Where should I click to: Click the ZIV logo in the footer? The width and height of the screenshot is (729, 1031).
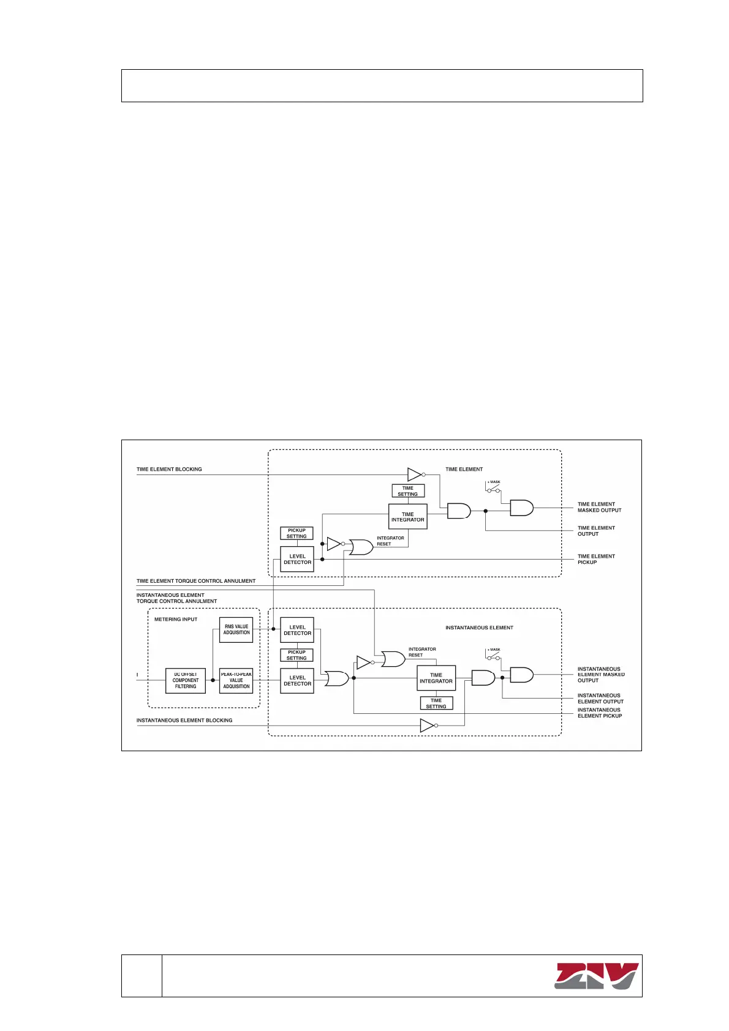tap(596, 976)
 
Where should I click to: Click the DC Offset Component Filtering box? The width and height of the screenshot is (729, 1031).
tap(186, 681)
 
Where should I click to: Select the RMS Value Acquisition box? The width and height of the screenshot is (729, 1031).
tap(236, 629)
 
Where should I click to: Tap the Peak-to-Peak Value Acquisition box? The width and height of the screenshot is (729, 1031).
tap(236, 681)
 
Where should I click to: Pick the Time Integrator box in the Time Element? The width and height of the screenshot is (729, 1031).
tap(407, 517)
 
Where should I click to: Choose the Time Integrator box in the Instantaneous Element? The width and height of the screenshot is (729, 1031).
tap(436, 678)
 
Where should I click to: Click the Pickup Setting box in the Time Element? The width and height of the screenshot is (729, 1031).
tap(297, 533)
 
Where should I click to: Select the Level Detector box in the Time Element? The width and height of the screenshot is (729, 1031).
tap(297, 559)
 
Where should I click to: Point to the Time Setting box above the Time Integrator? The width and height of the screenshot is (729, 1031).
tap(408, 491)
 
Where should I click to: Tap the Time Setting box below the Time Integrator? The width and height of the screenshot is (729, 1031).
tap(436, 703)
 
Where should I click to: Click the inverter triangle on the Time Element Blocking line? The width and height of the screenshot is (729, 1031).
tap(415, 474)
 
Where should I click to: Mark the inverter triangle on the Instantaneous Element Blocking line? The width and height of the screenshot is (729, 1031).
tap(428, 725)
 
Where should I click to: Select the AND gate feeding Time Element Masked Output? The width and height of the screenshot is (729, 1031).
tap(521, 508)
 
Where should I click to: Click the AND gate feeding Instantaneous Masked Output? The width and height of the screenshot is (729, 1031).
tap(521, 675)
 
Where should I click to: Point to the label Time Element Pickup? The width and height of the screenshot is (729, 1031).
tap(596, 559)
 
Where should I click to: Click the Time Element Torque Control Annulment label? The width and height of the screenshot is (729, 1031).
tap(196, 581)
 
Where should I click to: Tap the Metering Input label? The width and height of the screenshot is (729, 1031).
tap(176, 620)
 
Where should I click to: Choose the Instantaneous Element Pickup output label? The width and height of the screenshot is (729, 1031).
tap(599, 713)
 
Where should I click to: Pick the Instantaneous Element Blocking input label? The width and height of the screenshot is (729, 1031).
tap(184, 721)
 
